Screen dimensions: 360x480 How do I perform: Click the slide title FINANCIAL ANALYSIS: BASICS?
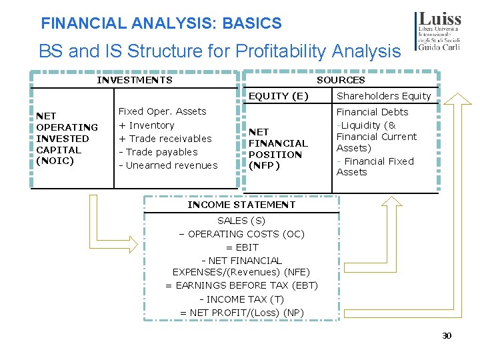pos(161,23)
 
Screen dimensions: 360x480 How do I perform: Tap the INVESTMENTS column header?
pos(135,80)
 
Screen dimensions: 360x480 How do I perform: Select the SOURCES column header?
pos(341,80)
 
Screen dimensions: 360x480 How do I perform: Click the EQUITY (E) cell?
pos(279,96)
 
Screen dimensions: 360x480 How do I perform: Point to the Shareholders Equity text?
pos(384,96)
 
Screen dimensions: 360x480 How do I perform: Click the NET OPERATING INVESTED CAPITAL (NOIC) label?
pos(67,138)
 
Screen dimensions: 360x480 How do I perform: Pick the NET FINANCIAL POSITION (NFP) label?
pos(278,148)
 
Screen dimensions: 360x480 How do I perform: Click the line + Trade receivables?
pos(165,139)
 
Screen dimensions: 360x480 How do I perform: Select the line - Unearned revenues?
pos(168,165)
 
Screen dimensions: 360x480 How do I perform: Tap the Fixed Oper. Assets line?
pos(162,111)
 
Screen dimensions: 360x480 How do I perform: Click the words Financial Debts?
pos(372,112)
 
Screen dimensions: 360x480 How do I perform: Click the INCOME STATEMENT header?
pos(241,205)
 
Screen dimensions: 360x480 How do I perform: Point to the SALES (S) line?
pos(241,221)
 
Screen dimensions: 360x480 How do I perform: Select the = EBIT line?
pos(241,247)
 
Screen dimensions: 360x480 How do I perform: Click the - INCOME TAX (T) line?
pos(241,299)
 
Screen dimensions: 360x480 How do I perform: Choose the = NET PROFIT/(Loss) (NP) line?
pos(241,313)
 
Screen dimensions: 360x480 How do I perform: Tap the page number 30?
pos(447,335)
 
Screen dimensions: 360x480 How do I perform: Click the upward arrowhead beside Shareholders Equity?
pos(457,97)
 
